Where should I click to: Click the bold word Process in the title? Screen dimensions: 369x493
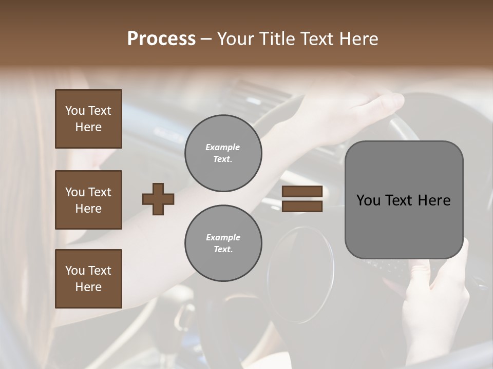[161, 38]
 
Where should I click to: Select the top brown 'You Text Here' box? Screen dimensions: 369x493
[88, 119]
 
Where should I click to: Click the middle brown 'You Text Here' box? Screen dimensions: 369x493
[88, 200]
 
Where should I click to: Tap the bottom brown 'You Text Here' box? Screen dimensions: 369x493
[88, 279]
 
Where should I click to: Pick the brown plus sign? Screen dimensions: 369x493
[158, 199]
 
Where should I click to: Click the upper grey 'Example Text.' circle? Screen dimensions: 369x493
[223, 153]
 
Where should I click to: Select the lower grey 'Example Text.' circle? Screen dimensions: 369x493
[223, 243]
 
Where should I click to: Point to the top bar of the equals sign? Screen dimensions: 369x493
[302, 192]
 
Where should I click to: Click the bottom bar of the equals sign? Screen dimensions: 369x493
[302, 206]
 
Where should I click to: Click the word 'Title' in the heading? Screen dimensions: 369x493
[277, 38]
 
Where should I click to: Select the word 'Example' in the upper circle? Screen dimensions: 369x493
[223, 148]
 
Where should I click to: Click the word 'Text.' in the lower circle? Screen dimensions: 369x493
[223, 249]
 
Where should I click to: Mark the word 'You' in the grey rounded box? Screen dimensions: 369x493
[369, 200]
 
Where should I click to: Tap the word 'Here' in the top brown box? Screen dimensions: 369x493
[88, 127]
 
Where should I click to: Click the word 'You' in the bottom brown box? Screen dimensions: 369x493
[75, 271]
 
